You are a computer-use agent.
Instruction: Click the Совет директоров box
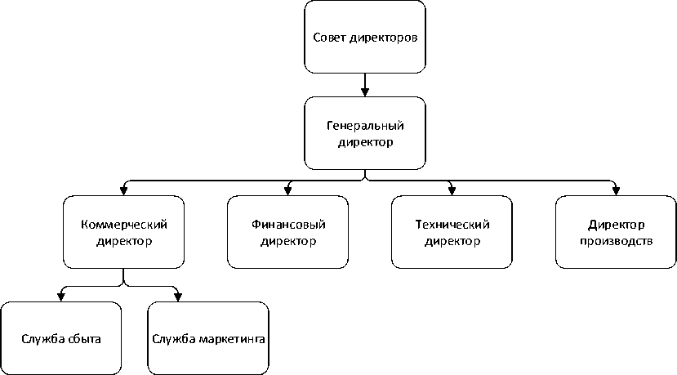coord(365,37)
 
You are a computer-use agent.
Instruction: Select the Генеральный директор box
coord(365,133)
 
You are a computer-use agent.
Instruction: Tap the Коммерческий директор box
coord(124,233)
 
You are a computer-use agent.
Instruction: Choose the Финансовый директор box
coord(288,233)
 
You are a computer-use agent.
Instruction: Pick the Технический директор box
coord(452,233)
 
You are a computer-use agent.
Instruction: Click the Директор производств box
coord(616,233)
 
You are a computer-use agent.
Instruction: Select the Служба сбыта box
coord(62,338)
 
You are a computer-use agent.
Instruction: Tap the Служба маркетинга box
coord(208,338)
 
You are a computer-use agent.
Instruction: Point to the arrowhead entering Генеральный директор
coord(365,92)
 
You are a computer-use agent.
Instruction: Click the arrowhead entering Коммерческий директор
coord(124,191)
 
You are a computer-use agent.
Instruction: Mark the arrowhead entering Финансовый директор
coord(288,191)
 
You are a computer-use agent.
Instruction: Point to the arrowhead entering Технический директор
coord(452,191)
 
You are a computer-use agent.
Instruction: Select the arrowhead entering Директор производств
coord(616,191)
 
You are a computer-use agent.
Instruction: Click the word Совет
coord(328,38)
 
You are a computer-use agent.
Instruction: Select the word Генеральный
coord(365,126)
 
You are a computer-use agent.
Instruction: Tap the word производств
coord(616,241)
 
